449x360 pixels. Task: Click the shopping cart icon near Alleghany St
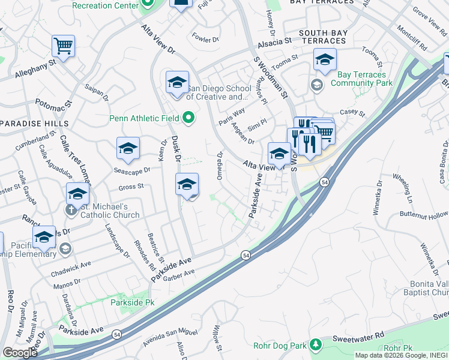[x=62, y=45]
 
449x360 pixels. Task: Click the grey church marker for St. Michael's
[x=71, y=210]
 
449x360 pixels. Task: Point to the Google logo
[x=19, y=352]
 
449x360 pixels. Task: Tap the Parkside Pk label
[x=132, y=302]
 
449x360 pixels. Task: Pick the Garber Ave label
[x=179, y=274]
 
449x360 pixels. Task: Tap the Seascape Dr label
[x=132, y=170]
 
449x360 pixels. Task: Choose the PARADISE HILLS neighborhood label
[x=34, y=124]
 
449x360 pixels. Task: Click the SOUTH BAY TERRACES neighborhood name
[x=323, y=37]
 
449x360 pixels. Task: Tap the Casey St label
[x=352, y=112]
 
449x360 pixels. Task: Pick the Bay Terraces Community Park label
[x=358, y=79]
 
